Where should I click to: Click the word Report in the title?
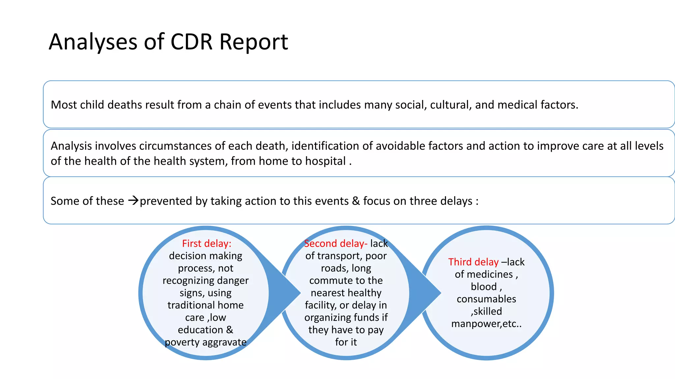[254, 42]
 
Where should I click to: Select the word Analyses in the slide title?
[93, 42]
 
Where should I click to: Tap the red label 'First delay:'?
[207, 243]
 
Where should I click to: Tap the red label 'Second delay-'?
[336, 243]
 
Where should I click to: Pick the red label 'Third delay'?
[473, 262]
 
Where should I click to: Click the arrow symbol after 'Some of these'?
[133, 200]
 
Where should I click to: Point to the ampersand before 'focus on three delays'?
[356, 201]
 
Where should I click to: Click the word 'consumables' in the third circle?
[486, 299]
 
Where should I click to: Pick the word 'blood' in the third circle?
[484, 287]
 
